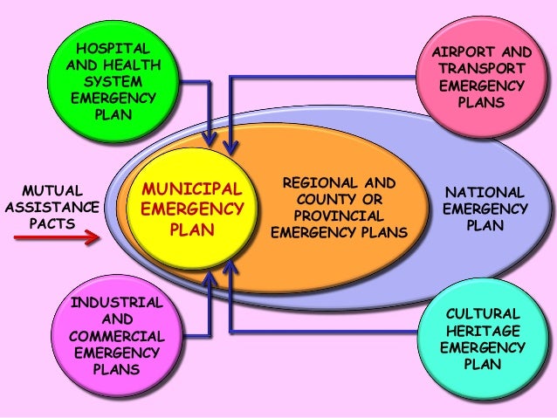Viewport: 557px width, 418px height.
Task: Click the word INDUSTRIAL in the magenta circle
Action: click(x=117, y=303)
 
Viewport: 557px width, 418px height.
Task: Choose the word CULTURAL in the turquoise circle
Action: click(x=484, y=313)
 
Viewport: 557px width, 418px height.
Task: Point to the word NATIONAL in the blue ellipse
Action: click(x=485, y=193)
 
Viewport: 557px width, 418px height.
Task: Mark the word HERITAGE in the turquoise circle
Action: click(x=484, y=331)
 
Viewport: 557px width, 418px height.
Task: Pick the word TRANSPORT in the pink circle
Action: click(x=483, y=69)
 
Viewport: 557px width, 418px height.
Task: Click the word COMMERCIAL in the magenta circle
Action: click(x=117, y=336)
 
